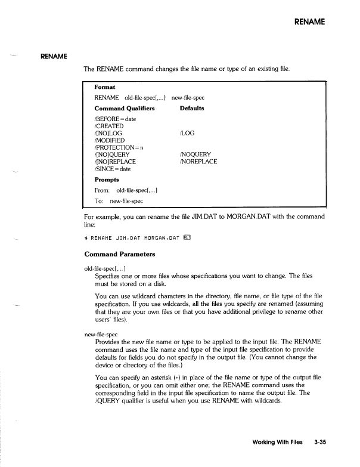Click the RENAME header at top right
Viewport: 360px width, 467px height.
[x=310, y=22]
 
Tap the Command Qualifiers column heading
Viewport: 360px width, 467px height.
[x=125, y=109]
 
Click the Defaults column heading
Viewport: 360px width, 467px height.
[x=192, y=109]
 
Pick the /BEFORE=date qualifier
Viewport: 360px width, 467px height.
[x=115, y=119]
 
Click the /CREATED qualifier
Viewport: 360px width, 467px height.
[x=110, y=126]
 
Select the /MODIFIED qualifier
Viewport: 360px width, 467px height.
[x=111, y=140]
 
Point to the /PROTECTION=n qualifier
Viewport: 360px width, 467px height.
[x=119, y=147]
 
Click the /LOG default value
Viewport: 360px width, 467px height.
[x=187, y=133]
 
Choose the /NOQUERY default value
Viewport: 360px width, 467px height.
[x=195, y=154]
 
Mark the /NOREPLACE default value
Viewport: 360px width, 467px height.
[x=198, y=161]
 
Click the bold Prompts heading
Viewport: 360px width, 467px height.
[x=107, y=179]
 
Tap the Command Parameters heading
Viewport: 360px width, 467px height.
[x=120, y=253]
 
